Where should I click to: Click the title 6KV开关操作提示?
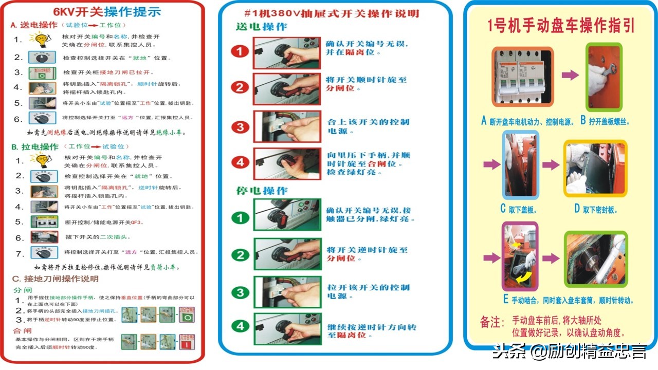(x=107, y=12)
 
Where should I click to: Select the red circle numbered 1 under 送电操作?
(x=240, y=51)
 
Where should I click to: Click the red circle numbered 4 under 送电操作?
(x=240, y=163)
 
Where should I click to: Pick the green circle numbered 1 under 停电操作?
(x=240, y=218)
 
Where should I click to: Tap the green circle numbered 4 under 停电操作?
(x=240, y=326)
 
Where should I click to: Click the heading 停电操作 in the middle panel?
(x=262, y=191)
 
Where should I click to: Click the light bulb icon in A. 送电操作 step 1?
(x=39, y=39)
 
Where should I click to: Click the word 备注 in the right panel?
(x=490, y=322)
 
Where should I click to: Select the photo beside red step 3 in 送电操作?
(x=287, y=126)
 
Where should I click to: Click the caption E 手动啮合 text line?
(x=568, y=301)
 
